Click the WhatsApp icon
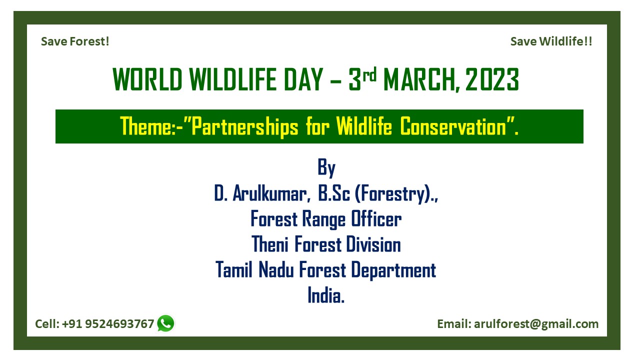point(165,323)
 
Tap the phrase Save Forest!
point(75,41)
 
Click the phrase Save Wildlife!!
point(551,41)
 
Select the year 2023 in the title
point(492,79)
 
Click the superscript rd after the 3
point(369,75)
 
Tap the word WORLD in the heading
point(147,79)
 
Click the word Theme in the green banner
point(145,126)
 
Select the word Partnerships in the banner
point(245,127)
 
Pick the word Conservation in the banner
point(453,126)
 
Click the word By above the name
point(326,167)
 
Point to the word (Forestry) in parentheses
point(393,194)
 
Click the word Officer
point(376,219)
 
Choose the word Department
point(393,270)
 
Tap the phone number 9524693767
point(119,324)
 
